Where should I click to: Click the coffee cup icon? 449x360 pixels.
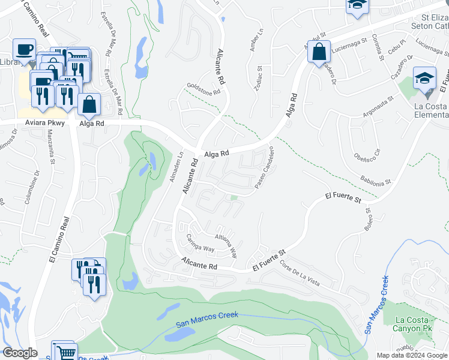24,49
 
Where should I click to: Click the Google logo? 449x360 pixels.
20,352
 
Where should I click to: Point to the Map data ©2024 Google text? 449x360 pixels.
412,355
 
